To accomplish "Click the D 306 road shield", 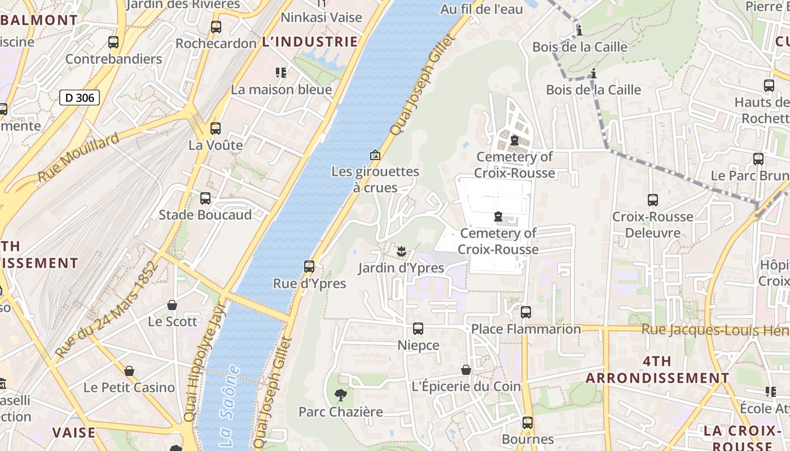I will coord(80,98).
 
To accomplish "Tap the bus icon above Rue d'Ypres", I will coord(309,267).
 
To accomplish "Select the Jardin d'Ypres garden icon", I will coord(401,251).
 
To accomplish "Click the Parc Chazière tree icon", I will coord(340,395).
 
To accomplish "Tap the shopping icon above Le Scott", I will coord(172,305).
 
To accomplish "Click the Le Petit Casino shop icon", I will coord(129,370).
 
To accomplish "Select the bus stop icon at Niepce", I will coord(418,328).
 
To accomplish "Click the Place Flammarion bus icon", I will coord(526,312).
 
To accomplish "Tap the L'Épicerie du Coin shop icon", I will coord(466,370).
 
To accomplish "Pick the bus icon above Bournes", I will coord(528,422).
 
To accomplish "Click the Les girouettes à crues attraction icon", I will coord(375,154).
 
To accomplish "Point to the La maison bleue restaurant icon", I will coord(281,72).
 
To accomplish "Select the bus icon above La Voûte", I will coord(216,128).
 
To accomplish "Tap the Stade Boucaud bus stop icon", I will coord(205,198).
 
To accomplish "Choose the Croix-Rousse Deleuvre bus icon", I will coord(653,200).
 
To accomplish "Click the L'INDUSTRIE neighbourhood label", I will coord(310,42).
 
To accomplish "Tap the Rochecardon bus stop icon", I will coord(216,26).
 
